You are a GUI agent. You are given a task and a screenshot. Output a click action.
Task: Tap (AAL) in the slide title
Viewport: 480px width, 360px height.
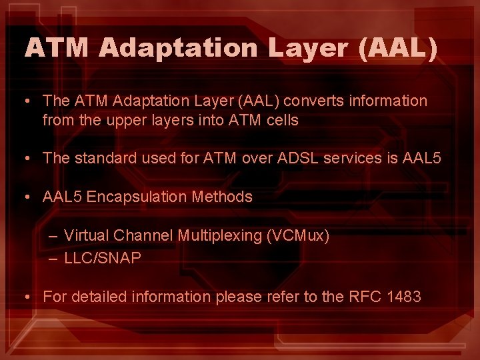[x=399, y=48]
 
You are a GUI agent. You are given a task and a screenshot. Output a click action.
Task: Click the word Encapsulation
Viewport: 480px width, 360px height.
[x=139, y=197]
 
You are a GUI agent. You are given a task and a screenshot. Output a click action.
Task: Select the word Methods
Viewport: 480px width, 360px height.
[x=222, y=197]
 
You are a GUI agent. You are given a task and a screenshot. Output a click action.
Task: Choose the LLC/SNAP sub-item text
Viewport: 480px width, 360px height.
[x=103, y=258]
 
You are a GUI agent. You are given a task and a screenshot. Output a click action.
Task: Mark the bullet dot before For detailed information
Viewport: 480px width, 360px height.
[x=24, y=297]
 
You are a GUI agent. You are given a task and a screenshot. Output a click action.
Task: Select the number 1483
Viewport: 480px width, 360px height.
[x=403, y=297]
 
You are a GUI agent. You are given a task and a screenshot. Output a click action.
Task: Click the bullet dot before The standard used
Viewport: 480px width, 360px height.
[x=24, y=159]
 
